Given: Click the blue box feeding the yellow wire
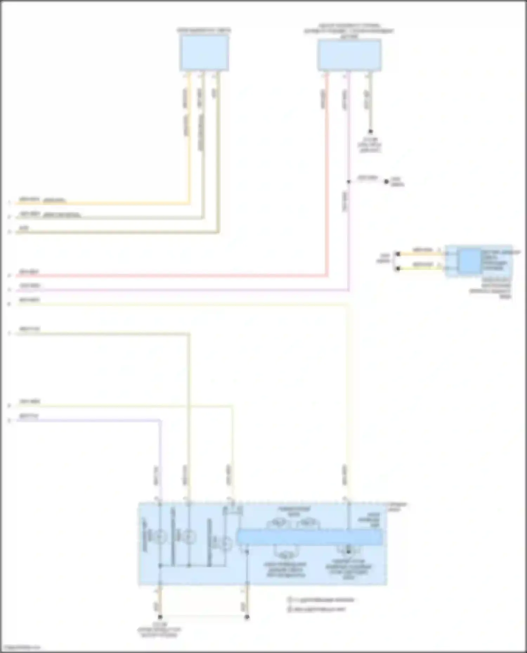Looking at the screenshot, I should pyautogui.click(x=204, y=53).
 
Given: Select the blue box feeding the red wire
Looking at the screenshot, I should pyautogui.click(x=349, y=55).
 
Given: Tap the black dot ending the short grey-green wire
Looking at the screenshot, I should pyautogui.click(x=370, y=132).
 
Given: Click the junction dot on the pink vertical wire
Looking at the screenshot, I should pyautogui.click(x=349, y=182).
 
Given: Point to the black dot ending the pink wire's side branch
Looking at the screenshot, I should pyautogui.click(x=386, y=181).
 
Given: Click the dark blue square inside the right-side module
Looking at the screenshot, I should pyautogui.click(x=470, y=261).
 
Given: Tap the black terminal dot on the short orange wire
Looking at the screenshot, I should pyautogui.click(x=398, y=254).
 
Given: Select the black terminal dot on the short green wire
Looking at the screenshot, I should pyautogui.click(x=398, y=269).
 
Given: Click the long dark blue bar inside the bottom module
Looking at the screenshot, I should pyautogui.click(x=309, y=537).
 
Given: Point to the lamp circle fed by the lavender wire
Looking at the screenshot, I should pyautogui.click(x=160, y=537).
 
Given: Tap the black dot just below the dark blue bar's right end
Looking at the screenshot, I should pyautogui.click(x=349, y=551).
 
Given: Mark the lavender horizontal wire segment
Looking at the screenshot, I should pyautogui.click(x=88, y=420).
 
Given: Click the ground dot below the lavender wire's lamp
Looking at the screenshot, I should pyautogui.click(x=160, y=617).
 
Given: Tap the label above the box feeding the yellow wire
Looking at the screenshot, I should pyautogui.click(x=204, y=31).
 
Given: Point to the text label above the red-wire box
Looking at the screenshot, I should pyautogui.click(x=349, y=31).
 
